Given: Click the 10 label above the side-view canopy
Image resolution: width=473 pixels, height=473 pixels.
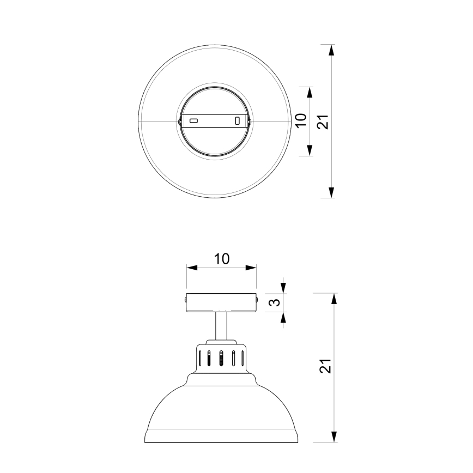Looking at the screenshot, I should coord(221,259).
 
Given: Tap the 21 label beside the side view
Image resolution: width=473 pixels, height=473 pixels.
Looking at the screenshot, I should coord(325,367).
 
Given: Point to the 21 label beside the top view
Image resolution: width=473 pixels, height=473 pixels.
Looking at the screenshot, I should coord(323,121).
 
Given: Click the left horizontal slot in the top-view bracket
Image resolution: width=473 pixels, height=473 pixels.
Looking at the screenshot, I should coord(193,120).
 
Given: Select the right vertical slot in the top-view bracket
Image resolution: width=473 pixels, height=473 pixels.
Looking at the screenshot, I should coord(237,121).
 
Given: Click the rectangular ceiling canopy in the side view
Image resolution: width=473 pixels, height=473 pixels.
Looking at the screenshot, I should coord(221,302).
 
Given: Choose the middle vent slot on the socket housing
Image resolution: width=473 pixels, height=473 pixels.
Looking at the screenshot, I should coord(221,357).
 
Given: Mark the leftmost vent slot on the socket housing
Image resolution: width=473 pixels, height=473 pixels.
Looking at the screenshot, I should coord(201,358).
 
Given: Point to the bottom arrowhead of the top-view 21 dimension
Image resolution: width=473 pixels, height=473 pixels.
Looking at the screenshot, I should coord(332,192).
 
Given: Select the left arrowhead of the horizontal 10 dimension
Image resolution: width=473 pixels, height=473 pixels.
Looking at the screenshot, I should coord(191,268).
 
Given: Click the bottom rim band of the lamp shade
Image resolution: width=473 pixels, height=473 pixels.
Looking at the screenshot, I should coord(221,435).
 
